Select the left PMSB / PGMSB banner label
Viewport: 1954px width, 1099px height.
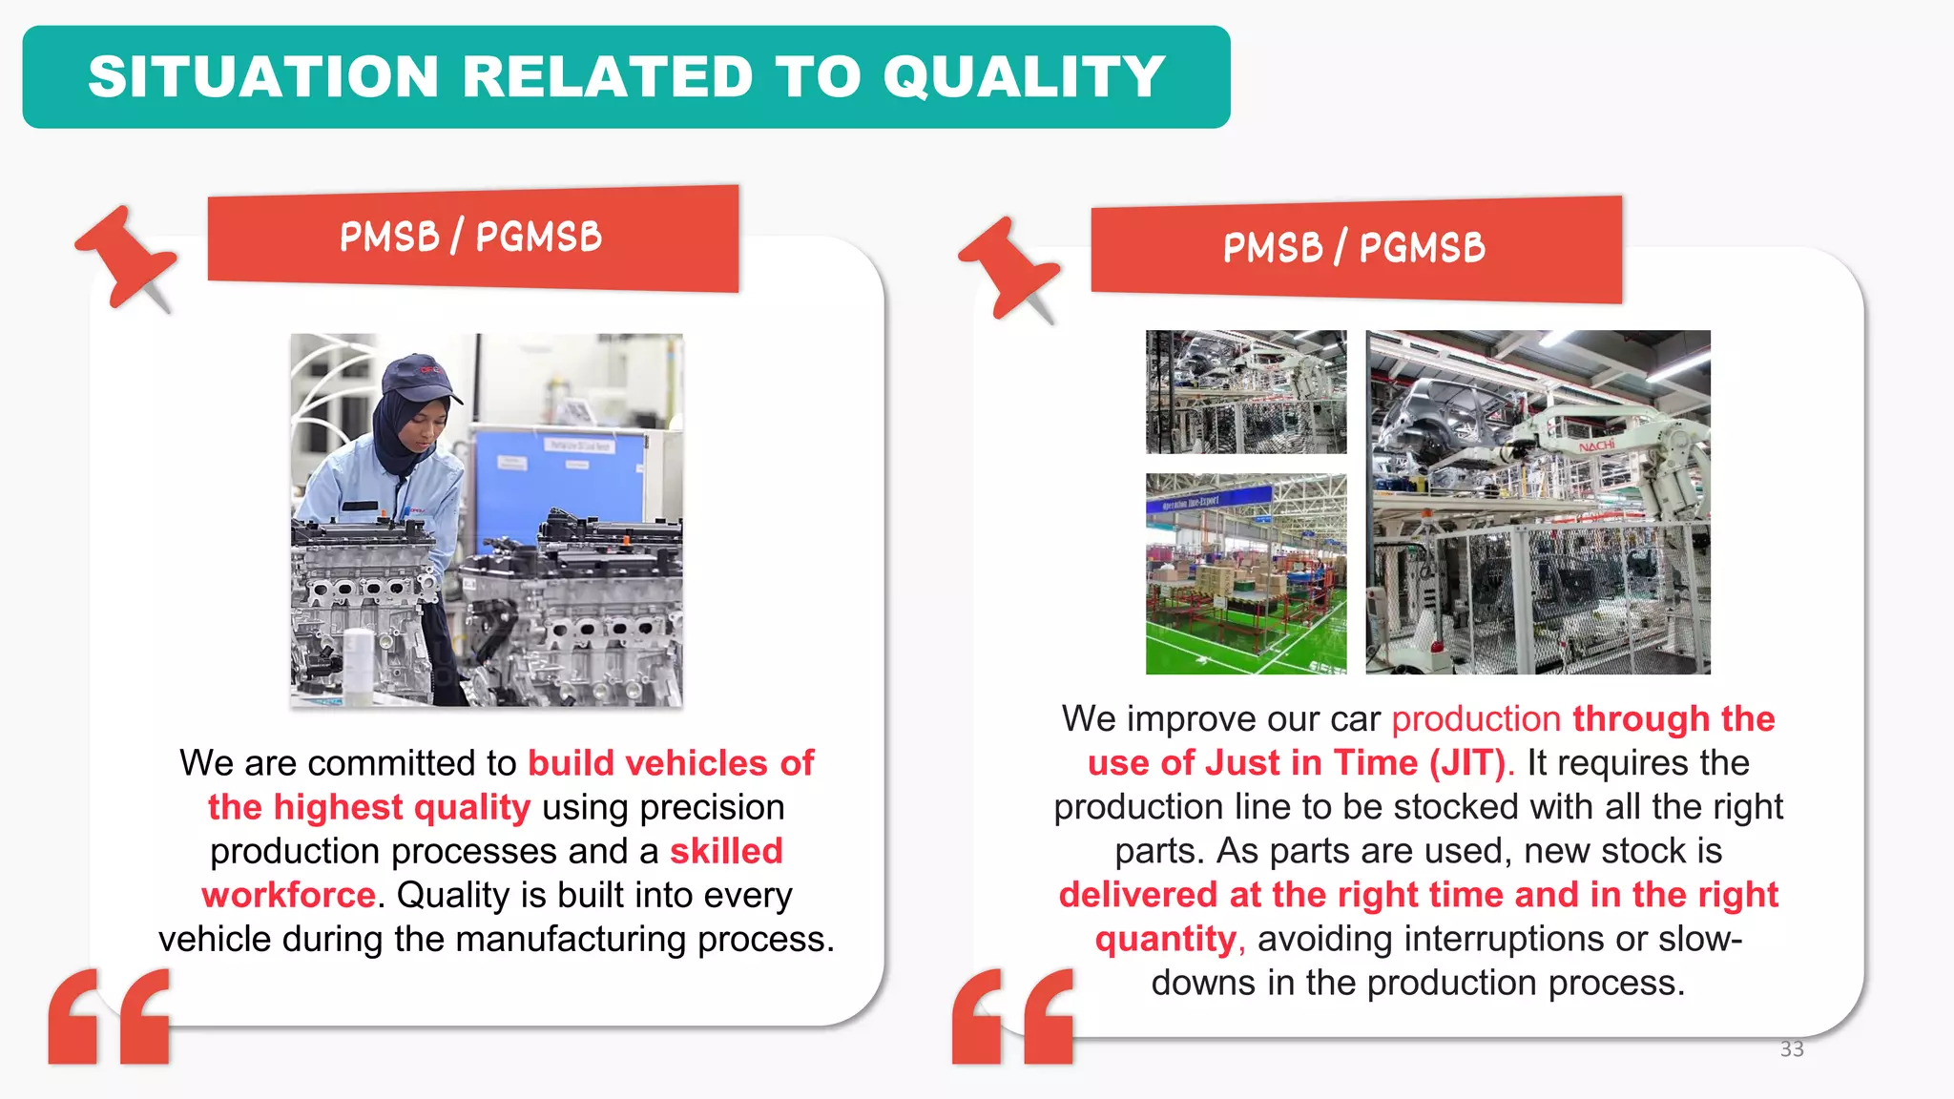point(471,237)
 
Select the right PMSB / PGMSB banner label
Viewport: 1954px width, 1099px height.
point(1355,248)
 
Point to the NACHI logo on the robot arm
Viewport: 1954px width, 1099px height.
point(1596,446)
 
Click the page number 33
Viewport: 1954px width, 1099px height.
point(1792,1049)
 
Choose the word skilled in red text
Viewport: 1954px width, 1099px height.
point(726,851)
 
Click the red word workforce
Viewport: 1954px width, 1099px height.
point(288,895)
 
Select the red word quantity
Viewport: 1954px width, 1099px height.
point(1165,940)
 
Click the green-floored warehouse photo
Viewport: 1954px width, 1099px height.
point(1246,574)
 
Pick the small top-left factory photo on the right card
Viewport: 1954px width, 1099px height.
point(1246,392)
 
